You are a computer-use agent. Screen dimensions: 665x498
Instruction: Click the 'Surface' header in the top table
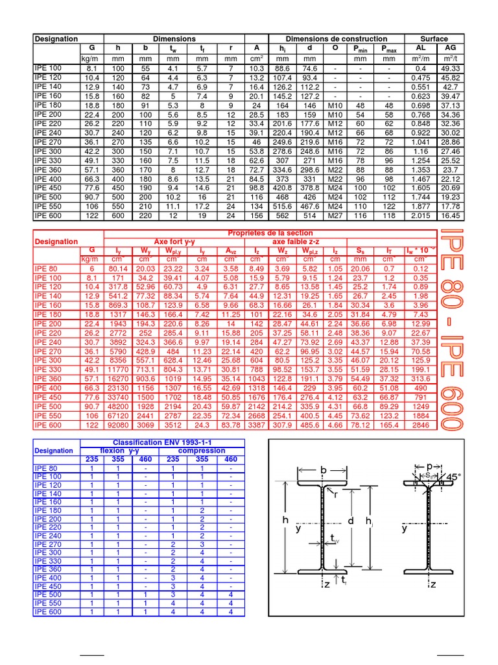[434, 39]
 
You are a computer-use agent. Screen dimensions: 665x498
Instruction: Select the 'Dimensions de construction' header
[336, 39]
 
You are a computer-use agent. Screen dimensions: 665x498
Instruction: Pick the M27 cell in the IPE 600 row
[335, 216]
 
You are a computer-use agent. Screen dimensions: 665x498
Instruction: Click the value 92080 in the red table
[121, 426]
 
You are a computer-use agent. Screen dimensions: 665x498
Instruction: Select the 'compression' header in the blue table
[201, 450]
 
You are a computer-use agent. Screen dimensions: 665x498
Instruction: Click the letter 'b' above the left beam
[322, 470]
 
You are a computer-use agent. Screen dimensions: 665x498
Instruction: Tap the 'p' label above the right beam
[429, 466]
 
